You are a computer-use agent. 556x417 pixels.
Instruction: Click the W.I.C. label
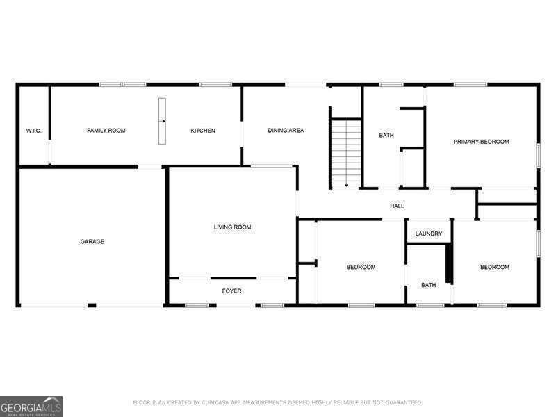tap(34, 131)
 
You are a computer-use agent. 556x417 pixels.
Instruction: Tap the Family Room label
tap(106, 131)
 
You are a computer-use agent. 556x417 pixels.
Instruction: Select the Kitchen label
tap(203, 131)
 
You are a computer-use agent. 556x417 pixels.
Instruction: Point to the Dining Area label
tap(286, 131)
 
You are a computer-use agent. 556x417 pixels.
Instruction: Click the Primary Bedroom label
tap(481, 142)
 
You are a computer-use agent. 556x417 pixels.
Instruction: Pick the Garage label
tap(92, 242)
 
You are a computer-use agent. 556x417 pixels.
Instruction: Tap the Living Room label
tap(232, 227)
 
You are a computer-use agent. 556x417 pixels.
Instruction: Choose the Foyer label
tap(231, 291)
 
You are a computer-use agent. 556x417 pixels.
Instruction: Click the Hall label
tap(397, 206)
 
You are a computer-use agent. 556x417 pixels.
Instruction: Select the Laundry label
tap(428, 234)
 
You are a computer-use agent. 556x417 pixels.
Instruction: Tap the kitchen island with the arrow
tap(162, 122)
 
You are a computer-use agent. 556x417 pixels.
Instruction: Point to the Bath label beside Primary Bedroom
tap(386, 136)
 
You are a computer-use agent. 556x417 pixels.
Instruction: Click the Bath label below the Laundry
tap(428, 285)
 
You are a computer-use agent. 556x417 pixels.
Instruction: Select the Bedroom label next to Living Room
tap(361, 267)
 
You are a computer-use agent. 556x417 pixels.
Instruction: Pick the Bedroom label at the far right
tap(494, 267)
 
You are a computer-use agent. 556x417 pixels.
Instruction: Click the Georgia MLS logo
tap(31, 406)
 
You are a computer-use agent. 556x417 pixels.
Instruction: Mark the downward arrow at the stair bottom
tap(345, 185)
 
